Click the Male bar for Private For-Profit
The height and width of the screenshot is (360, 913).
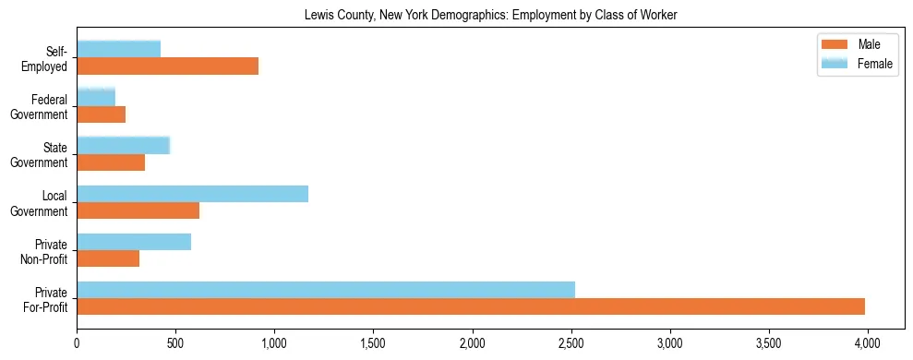[x=471, y=306]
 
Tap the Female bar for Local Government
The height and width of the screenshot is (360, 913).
[x=192, y=194]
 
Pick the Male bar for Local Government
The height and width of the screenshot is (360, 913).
[x=138, y=210]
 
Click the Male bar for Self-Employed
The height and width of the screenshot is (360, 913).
[x=167, y=66]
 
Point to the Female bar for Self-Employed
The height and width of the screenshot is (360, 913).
[x=118, y=49]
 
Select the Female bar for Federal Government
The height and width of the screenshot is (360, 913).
[x=96, y=97]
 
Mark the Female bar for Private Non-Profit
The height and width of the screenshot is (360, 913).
[x=134, y=242]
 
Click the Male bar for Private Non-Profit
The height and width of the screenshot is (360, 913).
[x=108, y=258]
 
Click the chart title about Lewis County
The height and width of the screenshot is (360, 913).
[x=490, y=15]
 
